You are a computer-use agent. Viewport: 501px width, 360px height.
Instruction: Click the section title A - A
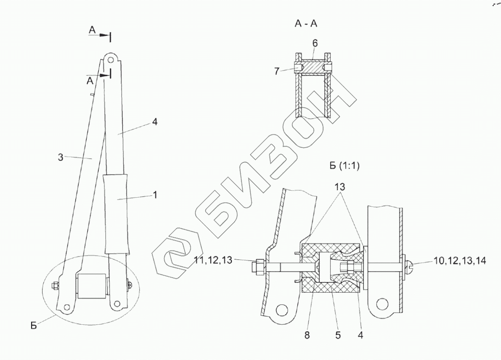pos(306,24)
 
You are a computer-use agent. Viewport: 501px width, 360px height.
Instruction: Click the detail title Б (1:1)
pos(344,166)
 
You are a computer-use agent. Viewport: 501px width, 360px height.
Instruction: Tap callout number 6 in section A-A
pos(315,44)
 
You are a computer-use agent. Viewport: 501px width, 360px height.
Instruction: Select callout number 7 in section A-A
pos(276,71)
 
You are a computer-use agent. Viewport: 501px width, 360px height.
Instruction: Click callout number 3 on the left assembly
pos(61,157)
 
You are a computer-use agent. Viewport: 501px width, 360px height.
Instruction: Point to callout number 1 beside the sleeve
pos(155,195)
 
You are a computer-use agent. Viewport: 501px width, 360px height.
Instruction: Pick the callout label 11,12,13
pos(213,260)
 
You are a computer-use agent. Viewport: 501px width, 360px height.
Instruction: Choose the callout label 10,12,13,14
pos(460,261)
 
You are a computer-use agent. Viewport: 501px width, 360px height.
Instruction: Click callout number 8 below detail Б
pos(307,335)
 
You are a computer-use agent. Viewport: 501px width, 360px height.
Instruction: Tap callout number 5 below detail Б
pos(338,335)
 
